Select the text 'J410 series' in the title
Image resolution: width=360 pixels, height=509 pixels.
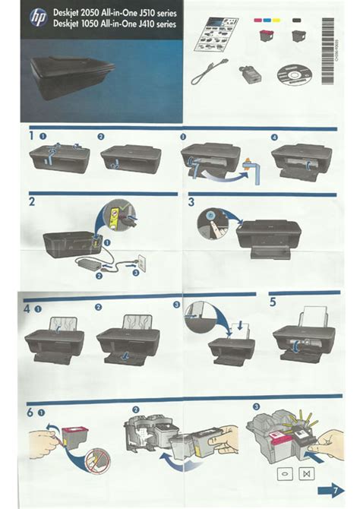pyautogui.click(x=155, y=24)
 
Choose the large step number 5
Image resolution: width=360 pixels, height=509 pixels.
pyautogui.click(x=273, y=302)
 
